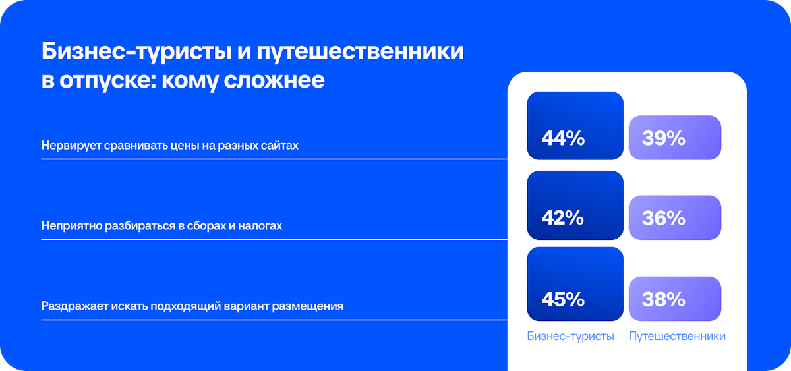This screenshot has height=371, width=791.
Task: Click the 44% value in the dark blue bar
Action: [x=562, y=139]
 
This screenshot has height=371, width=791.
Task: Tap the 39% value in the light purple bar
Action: [x=664, y=139]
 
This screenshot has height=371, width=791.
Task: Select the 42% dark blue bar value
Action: [x=562, y=218]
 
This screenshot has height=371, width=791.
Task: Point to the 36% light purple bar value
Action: [x=664, y=218]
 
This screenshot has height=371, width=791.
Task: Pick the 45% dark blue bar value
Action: [x=562, y=299]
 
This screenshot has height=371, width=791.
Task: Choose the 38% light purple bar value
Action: [x=664, y=299]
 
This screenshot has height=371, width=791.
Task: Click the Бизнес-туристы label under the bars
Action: [x=571, y=336]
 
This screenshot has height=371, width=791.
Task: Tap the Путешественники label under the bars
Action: [x=677, y=336]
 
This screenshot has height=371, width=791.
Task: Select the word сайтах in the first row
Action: [x=280, y=145]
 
